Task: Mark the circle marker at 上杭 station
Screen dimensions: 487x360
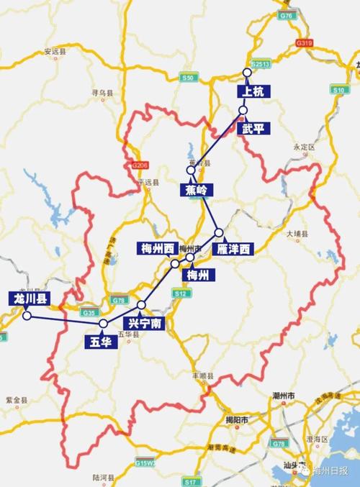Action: pos(247,73)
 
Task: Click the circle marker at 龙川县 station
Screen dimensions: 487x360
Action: pos(26,315)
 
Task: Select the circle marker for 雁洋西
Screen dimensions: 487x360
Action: pos(219,233)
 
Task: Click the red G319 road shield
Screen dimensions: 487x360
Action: pos(303,44)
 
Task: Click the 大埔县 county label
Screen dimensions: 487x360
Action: pos(297,234)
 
